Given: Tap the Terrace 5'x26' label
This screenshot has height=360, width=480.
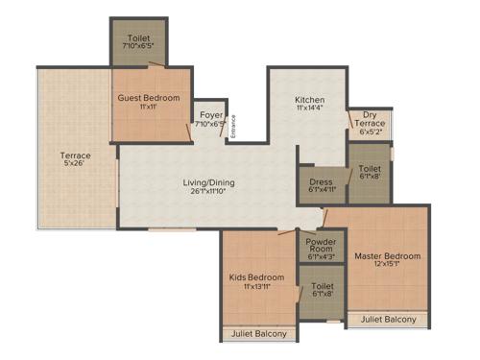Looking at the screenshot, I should point(75,156).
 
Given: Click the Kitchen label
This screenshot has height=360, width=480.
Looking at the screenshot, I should point(309,100).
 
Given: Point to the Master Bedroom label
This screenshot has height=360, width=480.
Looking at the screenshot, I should point(388,256).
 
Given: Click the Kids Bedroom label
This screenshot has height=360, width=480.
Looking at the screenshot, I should point(257,278).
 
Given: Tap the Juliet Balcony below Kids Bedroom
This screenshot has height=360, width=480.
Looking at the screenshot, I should point(259,335).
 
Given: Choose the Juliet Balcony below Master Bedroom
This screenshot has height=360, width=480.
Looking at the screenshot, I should point(389,319).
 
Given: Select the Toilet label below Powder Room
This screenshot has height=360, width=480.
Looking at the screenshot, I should point(322,286).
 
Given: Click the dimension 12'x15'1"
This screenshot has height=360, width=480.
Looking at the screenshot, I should point(388,268).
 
